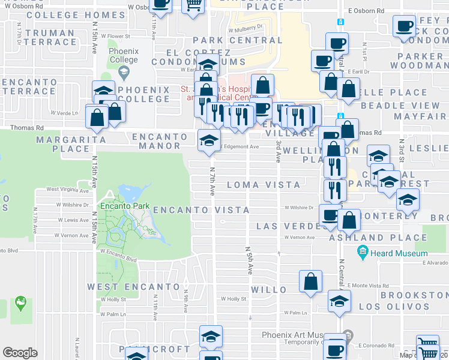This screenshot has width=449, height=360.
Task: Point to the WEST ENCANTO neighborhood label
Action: coord(133,287)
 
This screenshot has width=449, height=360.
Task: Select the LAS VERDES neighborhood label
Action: coord(285,226)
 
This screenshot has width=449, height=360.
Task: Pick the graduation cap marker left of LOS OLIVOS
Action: coord(339,301)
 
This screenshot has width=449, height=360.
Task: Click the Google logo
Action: coord(20,352)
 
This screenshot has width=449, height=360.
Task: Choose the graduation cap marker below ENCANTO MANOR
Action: coord(209,141)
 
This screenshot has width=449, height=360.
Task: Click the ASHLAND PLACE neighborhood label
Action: coord(379,238)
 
